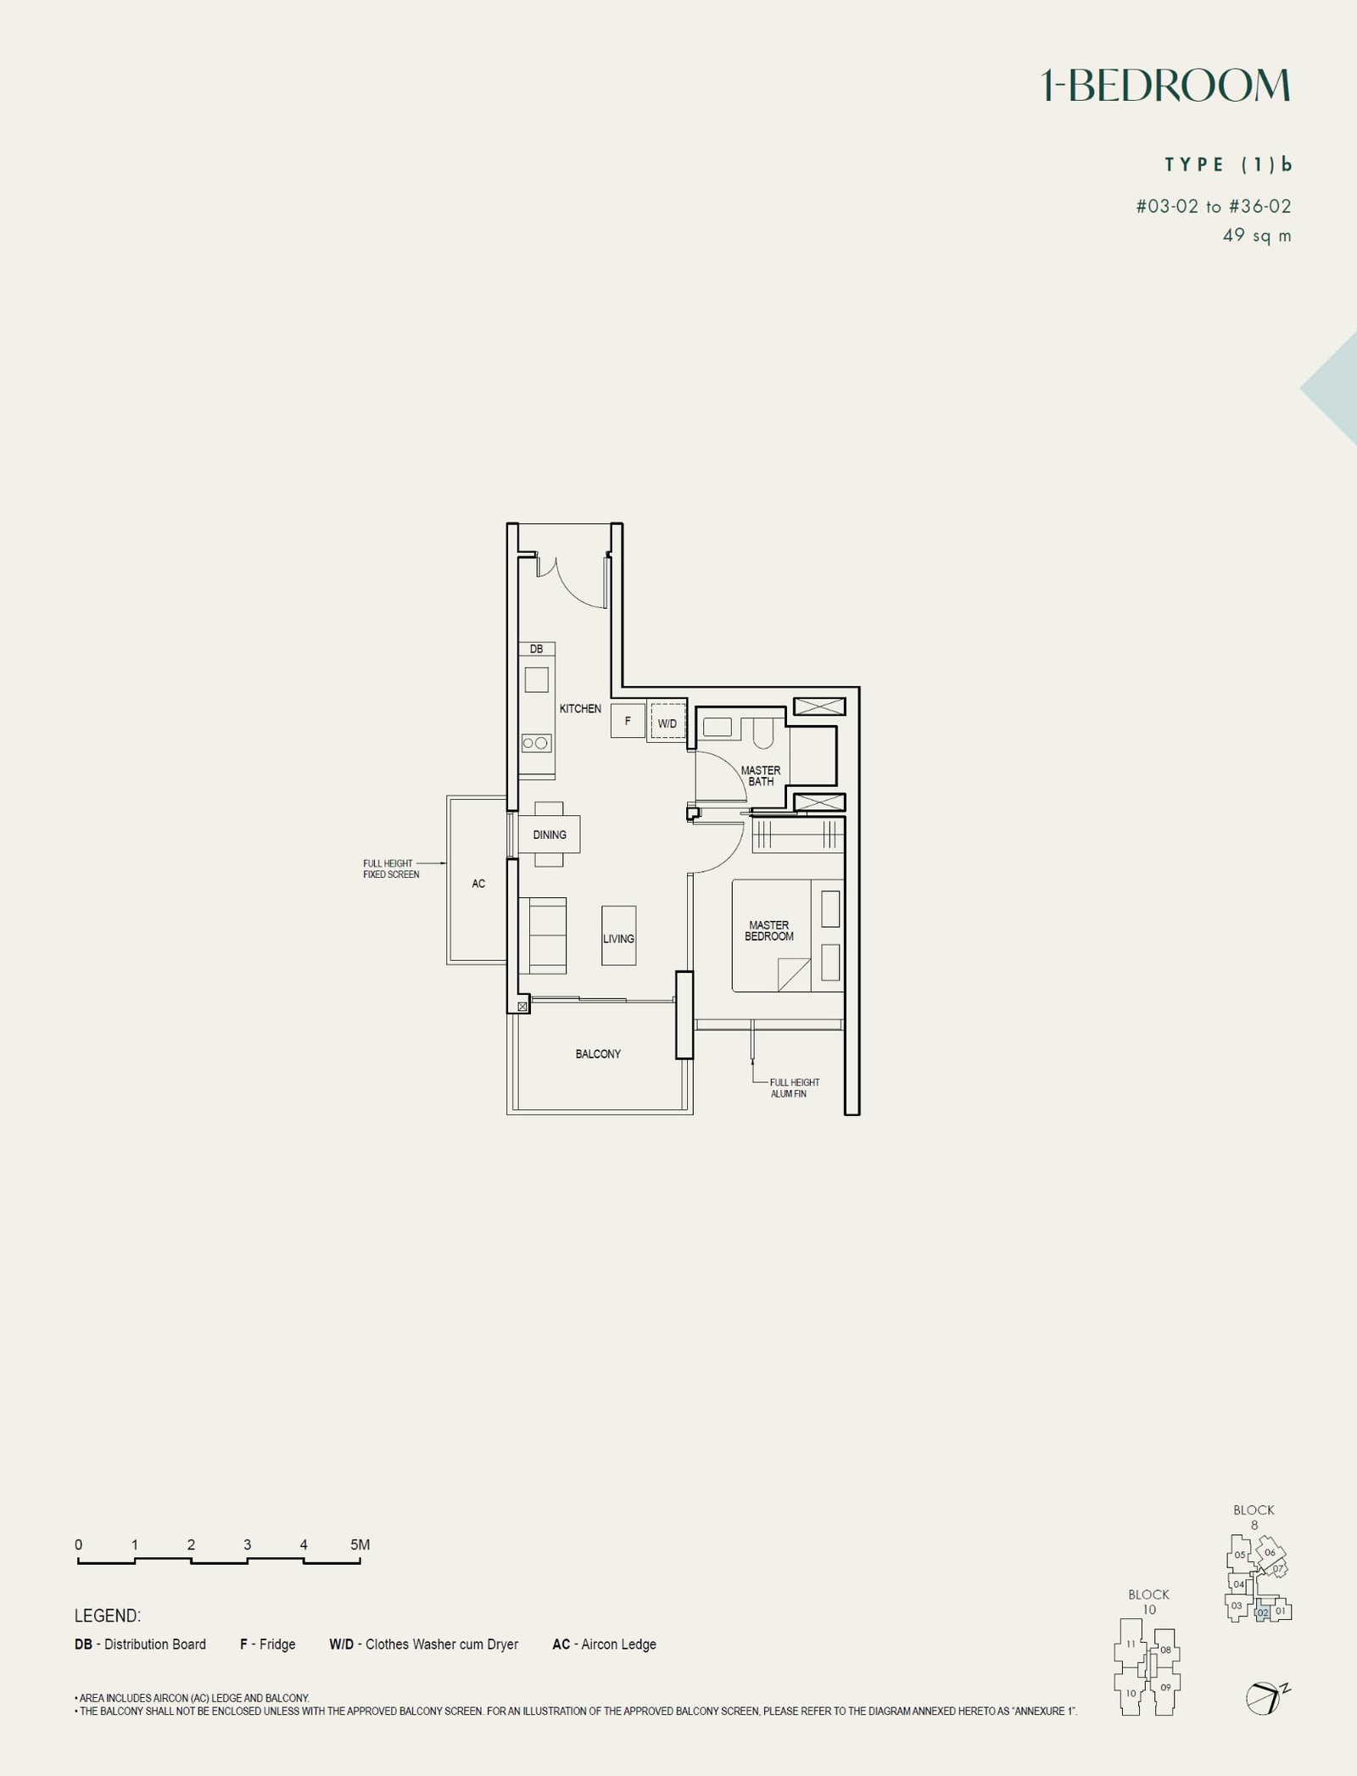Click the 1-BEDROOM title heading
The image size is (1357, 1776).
coord(1166,86)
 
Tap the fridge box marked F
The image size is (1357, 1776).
coord(628,721)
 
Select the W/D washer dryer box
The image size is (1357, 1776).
coord(667,722)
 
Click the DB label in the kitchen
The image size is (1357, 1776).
coord(536,649)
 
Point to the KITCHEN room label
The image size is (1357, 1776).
coord(580,708)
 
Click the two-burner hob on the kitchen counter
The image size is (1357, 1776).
coord(536,743)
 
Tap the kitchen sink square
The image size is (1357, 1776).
coord(536,679)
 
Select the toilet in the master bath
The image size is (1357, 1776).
coord(762,734)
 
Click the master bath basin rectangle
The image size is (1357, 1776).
coord(718,727)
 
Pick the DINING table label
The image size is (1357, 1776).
coord(550,835)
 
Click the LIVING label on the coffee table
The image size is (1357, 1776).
coord(618,939)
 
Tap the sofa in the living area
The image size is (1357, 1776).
coord(542,935)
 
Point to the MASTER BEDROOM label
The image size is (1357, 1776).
coord(769,930)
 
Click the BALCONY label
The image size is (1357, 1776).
coord(598,1054)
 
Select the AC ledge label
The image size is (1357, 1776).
coord(478,884)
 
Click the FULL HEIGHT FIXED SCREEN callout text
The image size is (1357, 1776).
coord(391,868)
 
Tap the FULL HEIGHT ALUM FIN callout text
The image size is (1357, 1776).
coord(795,1088)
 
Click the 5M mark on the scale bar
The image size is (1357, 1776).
coord(360,1544)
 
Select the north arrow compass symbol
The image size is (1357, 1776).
coord(1266,1698)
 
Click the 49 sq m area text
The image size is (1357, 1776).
coord(1257,235)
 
